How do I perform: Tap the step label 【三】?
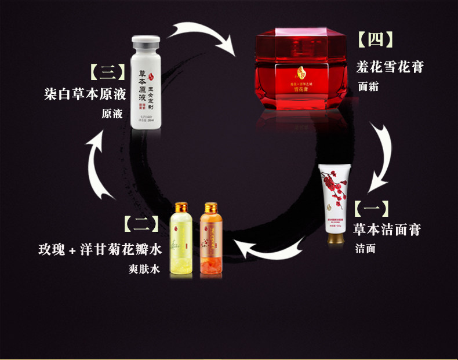pos(107,72)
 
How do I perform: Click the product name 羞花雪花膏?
pos(389,67)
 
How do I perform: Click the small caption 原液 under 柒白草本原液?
pos(112,114)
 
